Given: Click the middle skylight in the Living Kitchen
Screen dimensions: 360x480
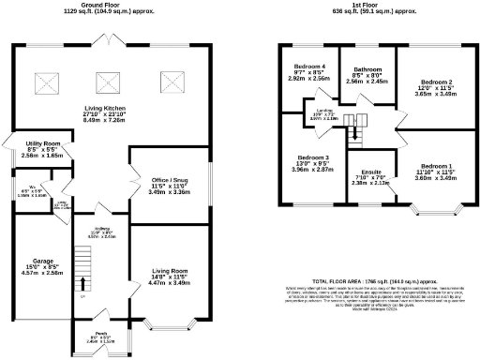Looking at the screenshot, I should tap(104, 82).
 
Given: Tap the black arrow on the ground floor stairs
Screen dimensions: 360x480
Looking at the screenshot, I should tap(82, 282).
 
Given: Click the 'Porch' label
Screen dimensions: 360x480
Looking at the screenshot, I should tap(100, 332).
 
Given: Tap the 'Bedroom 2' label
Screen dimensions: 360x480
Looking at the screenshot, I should tap(436, 82).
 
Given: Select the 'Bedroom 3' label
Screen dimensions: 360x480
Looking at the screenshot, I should tap(312, 157).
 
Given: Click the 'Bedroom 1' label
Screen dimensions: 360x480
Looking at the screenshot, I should tap(436, 166).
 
